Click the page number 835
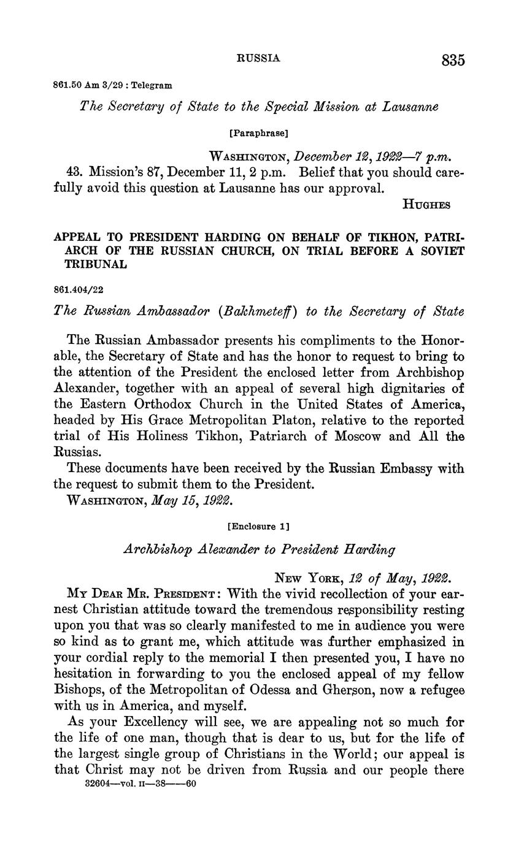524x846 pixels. (x=452, y=60)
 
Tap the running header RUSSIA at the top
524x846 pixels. (x=258, y=58)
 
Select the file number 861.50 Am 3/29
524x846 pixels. (x=89, y=86)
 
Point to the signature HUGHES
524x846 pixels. (x=426, y=205)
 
